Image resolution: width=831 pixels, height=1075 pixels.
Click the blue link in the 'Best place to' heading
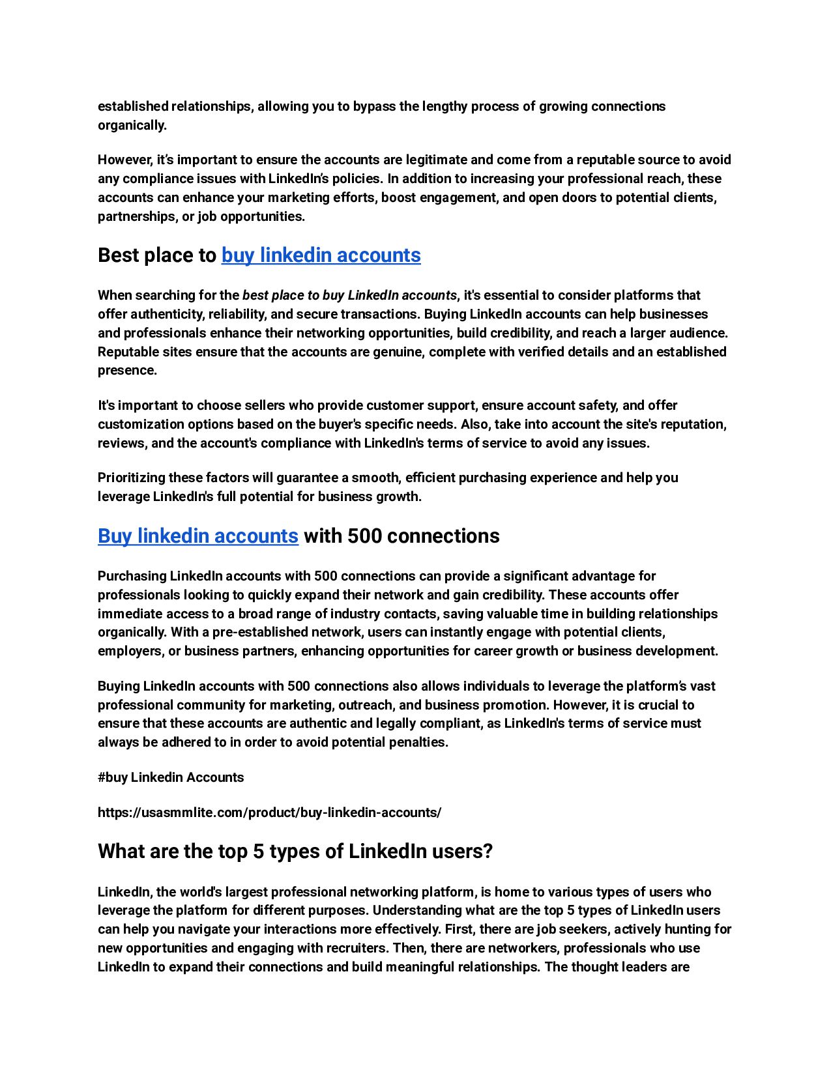(321, 255)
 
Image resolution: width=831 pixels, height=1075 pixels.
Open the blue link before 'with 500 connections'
(198, 536)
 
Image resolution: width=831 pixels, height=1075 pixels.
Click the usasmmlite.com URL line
(269, 812)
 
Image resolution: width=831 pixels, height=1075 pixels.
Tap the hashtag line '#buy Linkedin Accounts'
(171, 777)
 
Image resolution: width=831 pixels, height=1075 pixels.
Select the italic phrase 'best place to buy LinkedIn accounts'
(349, 296)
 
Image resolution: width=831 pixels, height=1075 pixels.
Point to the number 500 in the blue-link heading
(366, 536)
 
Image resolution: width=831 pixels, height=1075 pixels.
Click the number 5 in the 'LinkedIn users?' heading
(258, 852)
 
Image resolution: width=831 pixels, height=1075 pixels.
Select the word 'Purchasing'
(132, 576)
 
